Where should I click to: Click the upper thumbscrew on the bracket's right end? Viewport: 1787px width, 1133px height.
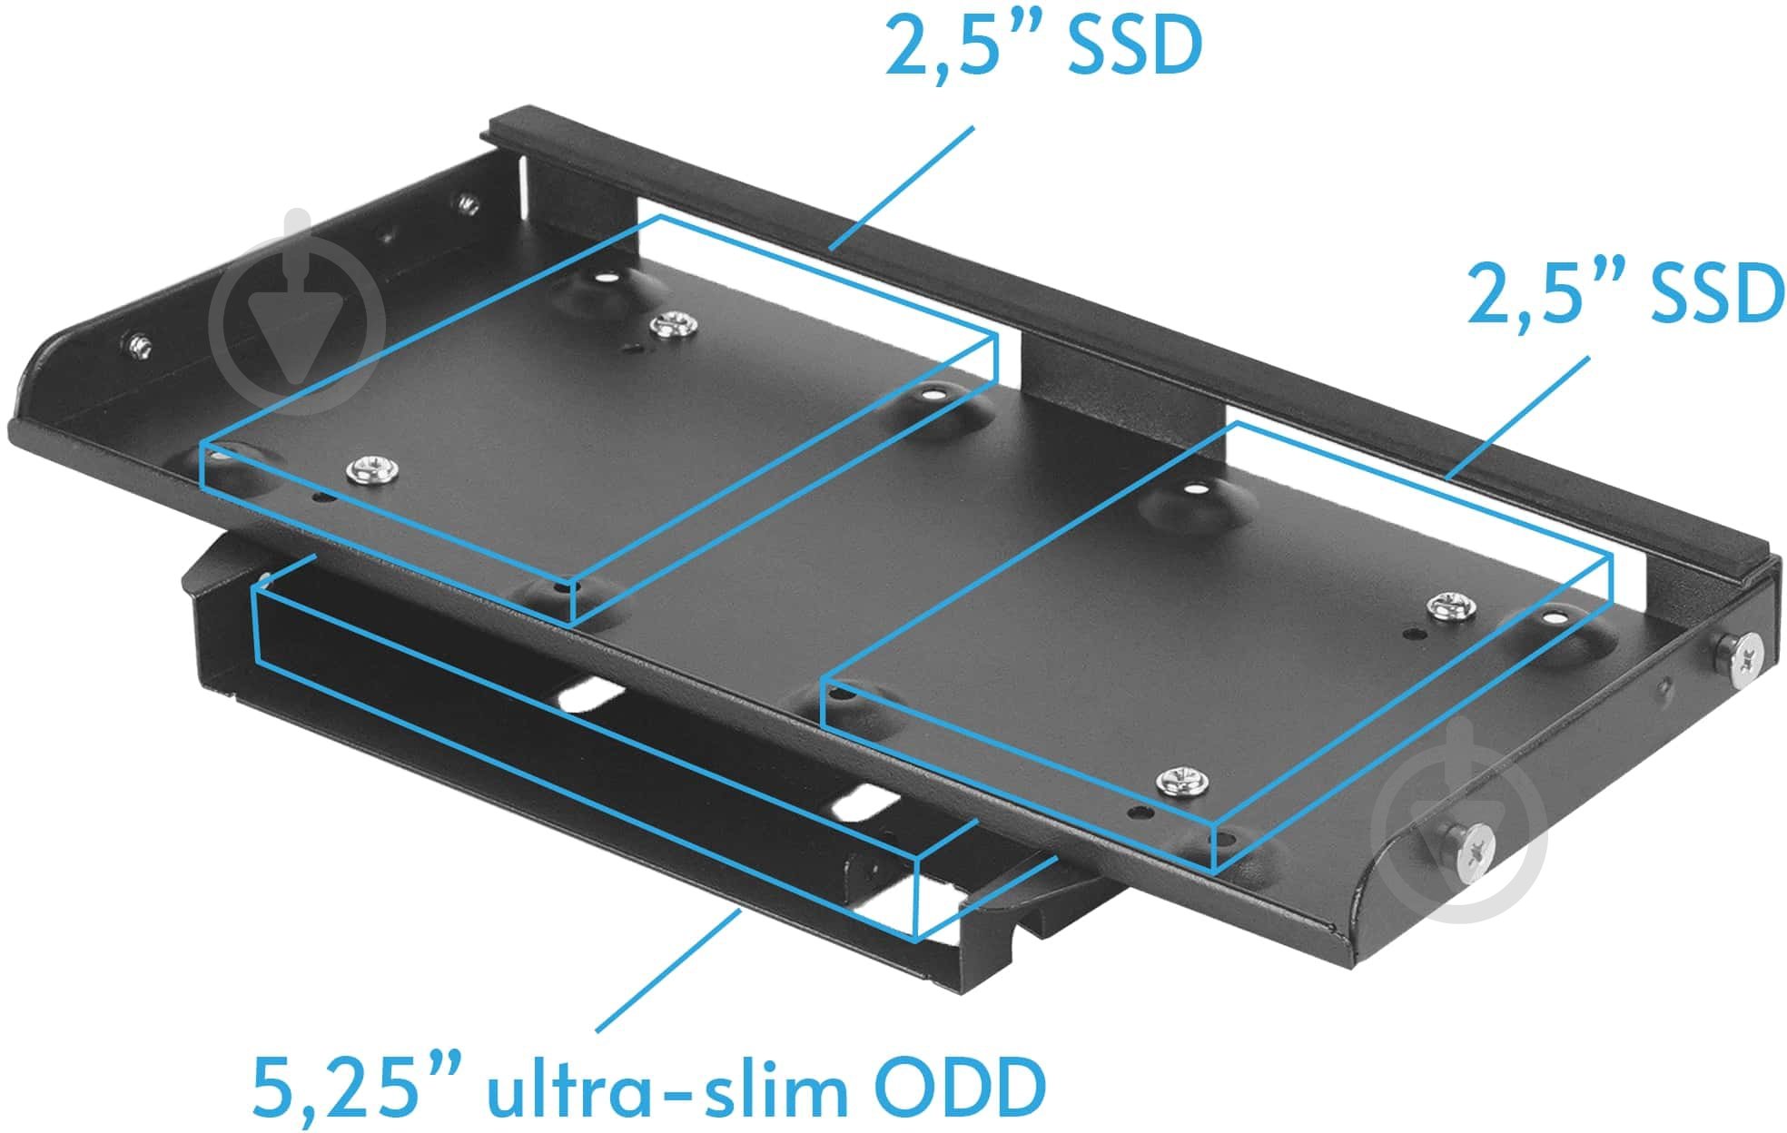[x=1739, y=653]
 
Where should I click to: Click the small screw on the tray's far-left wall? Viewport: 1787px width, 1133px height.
[x=139, y=346]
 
